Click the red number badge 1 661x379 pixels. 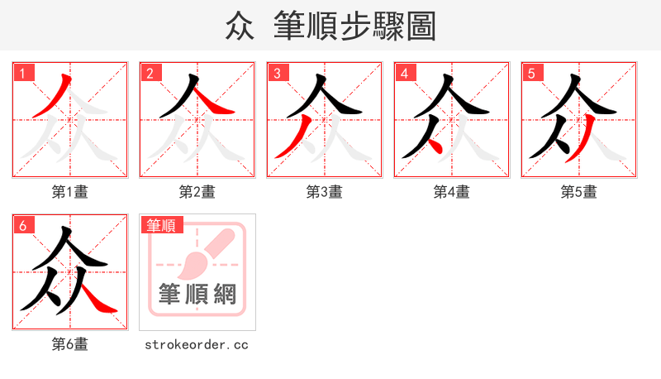pos(22,73)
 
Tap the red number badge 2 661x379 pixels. pos(150,73)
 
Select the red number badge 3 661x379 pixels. pos(277,73)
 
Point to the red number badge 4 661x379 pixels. pos(404,73)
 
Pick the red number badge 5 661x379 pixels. pos(531,73)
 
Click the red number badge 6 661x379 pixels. pos(22,225)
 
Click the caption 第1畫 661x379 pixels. pos(70,192)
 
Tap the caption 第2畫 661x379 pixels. pos(197,192)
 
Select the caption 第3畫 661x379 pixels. pos(325,192)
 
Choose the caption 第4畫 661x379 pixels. pos(452,192)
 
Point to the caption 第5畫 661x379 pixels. pos(579,192)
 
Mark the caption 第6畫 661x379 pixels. pos(70,344)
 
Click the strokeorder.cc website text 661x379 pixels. pos(197,344)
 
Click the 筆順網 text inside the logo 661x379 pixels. pos(197,295)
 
